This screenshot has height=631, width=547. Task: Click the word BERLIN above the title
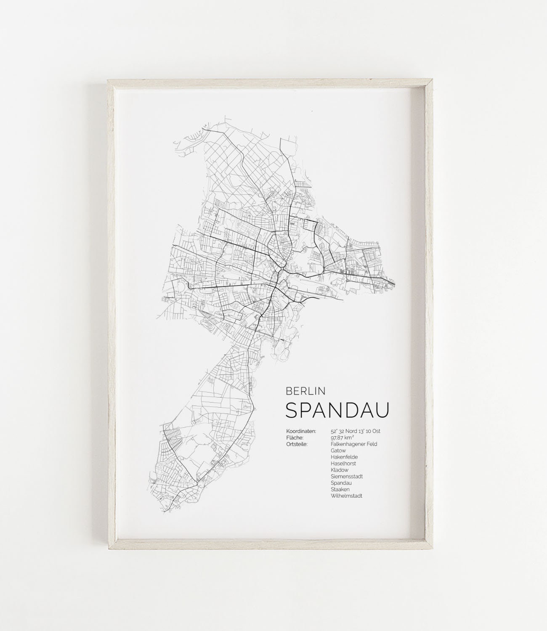(x=305, y=391)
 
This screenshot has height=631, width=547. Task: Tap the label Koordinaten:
(x=301, y=431)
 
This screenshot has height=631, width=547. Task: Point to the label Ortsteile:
(x=297, y=444)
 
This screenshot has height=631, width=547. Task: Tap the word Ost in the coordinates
(x=377, y=431)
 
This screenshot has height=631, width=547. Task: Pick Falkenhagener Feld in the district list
(x=354, y=444)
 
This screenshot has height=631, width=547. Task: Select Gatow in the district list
(x=338, y=451)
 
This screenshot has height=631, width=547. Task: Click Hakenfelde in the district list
(x=344, y=457)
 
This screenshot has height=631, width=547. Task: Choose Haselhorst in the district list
(x=343, y=464)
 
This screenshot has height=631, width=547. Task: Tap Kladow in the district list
(x=340, y=470)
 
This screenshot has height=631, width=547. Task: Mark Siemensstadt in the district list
(x=347, y=477)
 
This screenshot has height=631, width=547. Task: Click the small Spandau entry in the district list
(x=341, y=483)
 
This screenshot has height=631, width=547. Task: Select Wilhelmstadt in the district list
(x=346, y=496)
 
